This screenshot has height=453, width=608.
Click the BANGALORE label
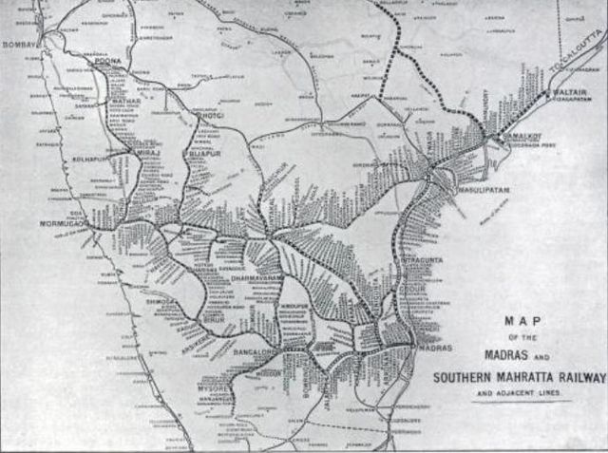[x=255, y=352]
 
